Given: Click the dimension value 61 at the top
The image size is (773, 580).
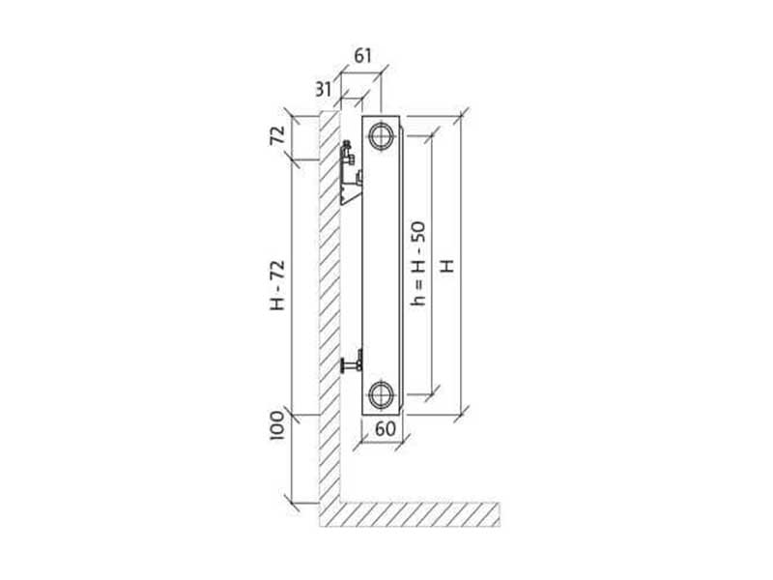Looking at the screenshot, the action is point(363,56).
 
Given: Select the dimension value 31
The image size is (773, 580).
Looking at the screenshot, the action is point(324,90).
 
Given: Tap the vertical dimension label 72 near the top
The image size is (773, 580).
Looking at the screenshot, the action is point(277,134).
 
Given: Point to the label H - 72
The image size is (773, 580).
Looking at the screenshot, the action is point(277,284).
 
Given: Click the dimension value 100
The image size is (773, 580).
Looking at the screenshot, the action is point(277,425).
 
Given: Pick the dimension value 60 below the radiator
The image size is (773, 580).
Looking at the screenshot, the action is point(385,429).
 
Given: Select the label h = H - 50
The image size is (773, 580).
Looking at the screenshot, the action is point(418,264).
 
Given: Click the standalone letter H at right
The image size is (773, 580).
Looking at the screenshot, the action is point(446,265).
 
